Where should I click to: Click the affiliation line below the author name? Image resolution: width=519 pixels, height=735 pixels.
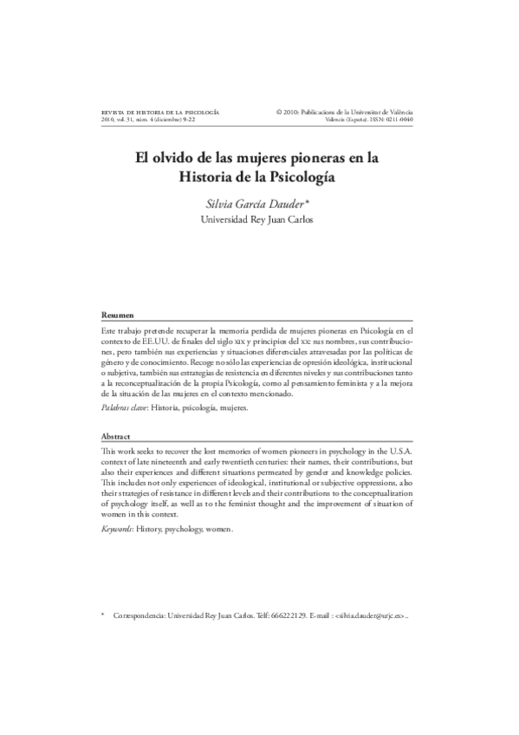(x=258, y=219)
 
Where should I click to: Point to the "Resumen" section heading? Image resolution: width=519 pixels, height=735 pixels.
(x=117, y=315)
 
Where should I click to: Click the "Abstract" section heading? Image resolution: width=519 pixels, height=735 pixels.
(x=117, y=437)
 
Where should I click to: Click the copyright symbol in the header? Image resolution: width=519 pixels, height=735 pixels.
(x=279, y=113)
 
